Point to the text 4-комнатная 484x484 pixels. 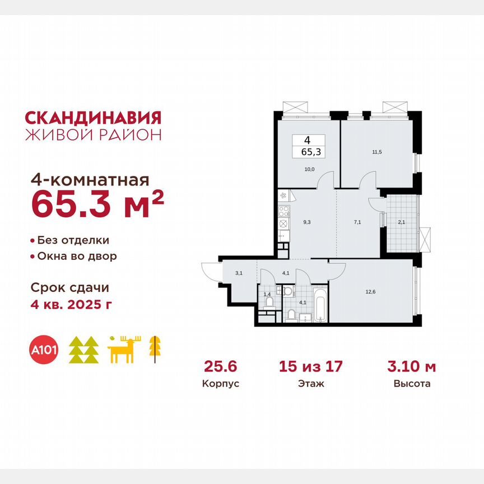click(x=90, y=180)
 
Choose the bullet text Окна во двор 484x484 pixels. click(x=77, y=257)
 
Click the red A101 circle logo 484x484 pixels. click(x=45, y=350)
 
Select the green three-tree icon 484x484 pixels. click(x=83, y=351)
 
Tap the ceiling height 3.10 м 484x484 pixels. click(x=412, y=367)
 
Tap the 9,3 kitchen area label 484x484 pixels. click(x=307, y=222)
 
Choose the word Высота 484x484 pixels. click(x=412, y=384)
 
